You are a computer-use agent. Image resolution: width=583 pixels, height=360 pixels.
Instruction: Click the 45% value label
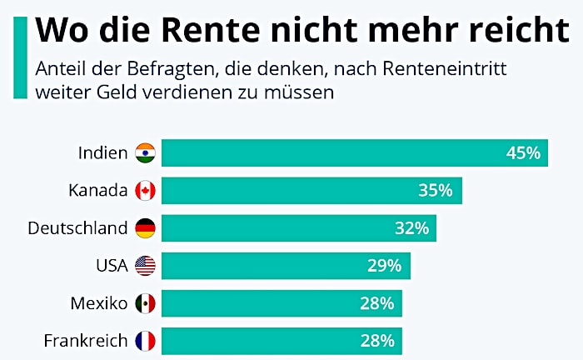click(x=523, y=153)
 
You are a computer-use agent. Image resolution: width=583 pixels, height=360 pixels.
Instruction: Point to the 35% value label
click(x=436, y=191)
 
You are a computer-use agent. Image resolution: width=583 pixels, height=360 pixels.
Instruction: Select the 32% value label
click(x=411, y=228)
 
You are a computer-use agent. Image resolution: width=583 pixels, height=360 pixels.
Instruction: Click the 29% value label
click(x=385, y=266)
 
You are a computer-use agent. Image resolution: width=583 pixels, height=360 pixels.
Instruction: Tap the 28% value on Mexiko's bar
click(x=376, y=303)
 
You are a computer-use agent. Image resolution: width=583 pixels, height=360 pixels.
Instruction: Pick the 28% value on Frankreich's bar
click(x=376, y=341)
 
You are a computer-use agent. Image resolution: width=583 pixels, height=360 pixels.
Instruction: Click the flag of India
click(x=145, y=153)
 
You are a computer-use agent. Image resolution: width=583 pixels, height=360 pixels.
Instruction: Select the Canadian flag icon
click(x=145, y=191)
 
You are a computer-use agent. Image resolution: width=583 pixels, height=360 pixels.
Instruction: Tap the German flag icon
click(x=145, y=228)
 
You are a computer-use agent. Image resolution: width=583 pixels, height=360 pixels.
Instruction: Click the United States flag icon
click(x=145, y=266)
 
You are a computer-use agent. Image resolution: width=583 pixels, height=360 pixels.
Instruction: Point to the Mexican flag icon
click(x=145, y=303)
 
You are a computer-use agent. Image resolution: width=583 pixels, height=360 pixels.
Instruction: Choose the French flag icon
click(x=145, y=341)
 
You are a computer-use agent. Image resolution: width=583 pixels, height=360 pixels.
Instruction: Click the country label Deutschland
click(x=77, y=228)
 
